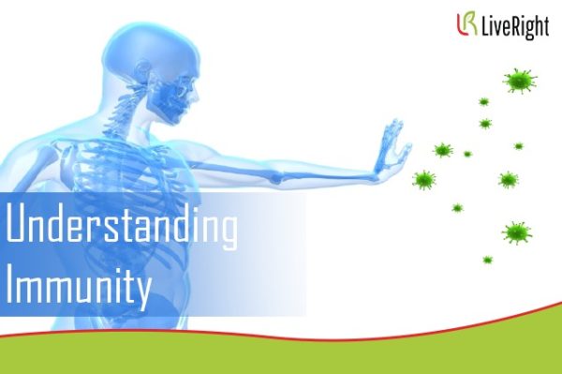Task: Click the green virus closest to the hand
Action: point(424,179)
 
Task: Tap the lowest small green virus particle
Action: point(487,260)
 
